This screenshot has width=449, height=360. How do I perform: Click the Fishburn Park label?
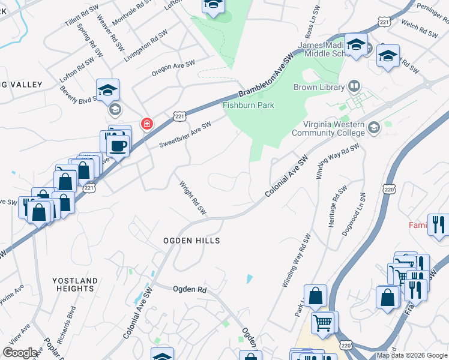point(249,106)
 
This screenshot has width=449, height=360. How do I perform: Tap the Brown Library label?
point(319,88)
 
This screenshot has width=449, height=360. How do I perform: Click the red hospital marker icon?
point(146,124)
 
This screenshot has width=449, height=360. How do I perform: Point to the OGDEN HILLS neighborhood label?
point(192,241)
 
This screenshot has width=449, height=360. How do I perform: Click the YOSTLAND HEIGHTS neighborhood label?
point(74,284)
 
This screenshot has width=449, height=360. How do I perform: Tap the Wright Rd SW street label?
point(193,199)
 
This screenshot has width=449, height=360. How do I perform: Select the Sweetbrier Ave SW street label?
point(185,135)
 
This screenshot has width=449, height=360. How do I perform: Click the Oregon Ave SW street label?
point(173,68)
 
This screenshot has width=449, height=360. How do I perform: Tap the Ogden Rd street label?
point(189,289)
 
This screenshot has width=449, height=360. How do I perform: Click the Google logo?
point(20,353)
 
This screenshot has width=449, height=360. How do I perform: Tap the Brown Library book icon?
point(355,87)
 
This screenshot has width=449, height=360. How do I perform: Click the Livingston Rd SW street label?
point(145,46)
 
